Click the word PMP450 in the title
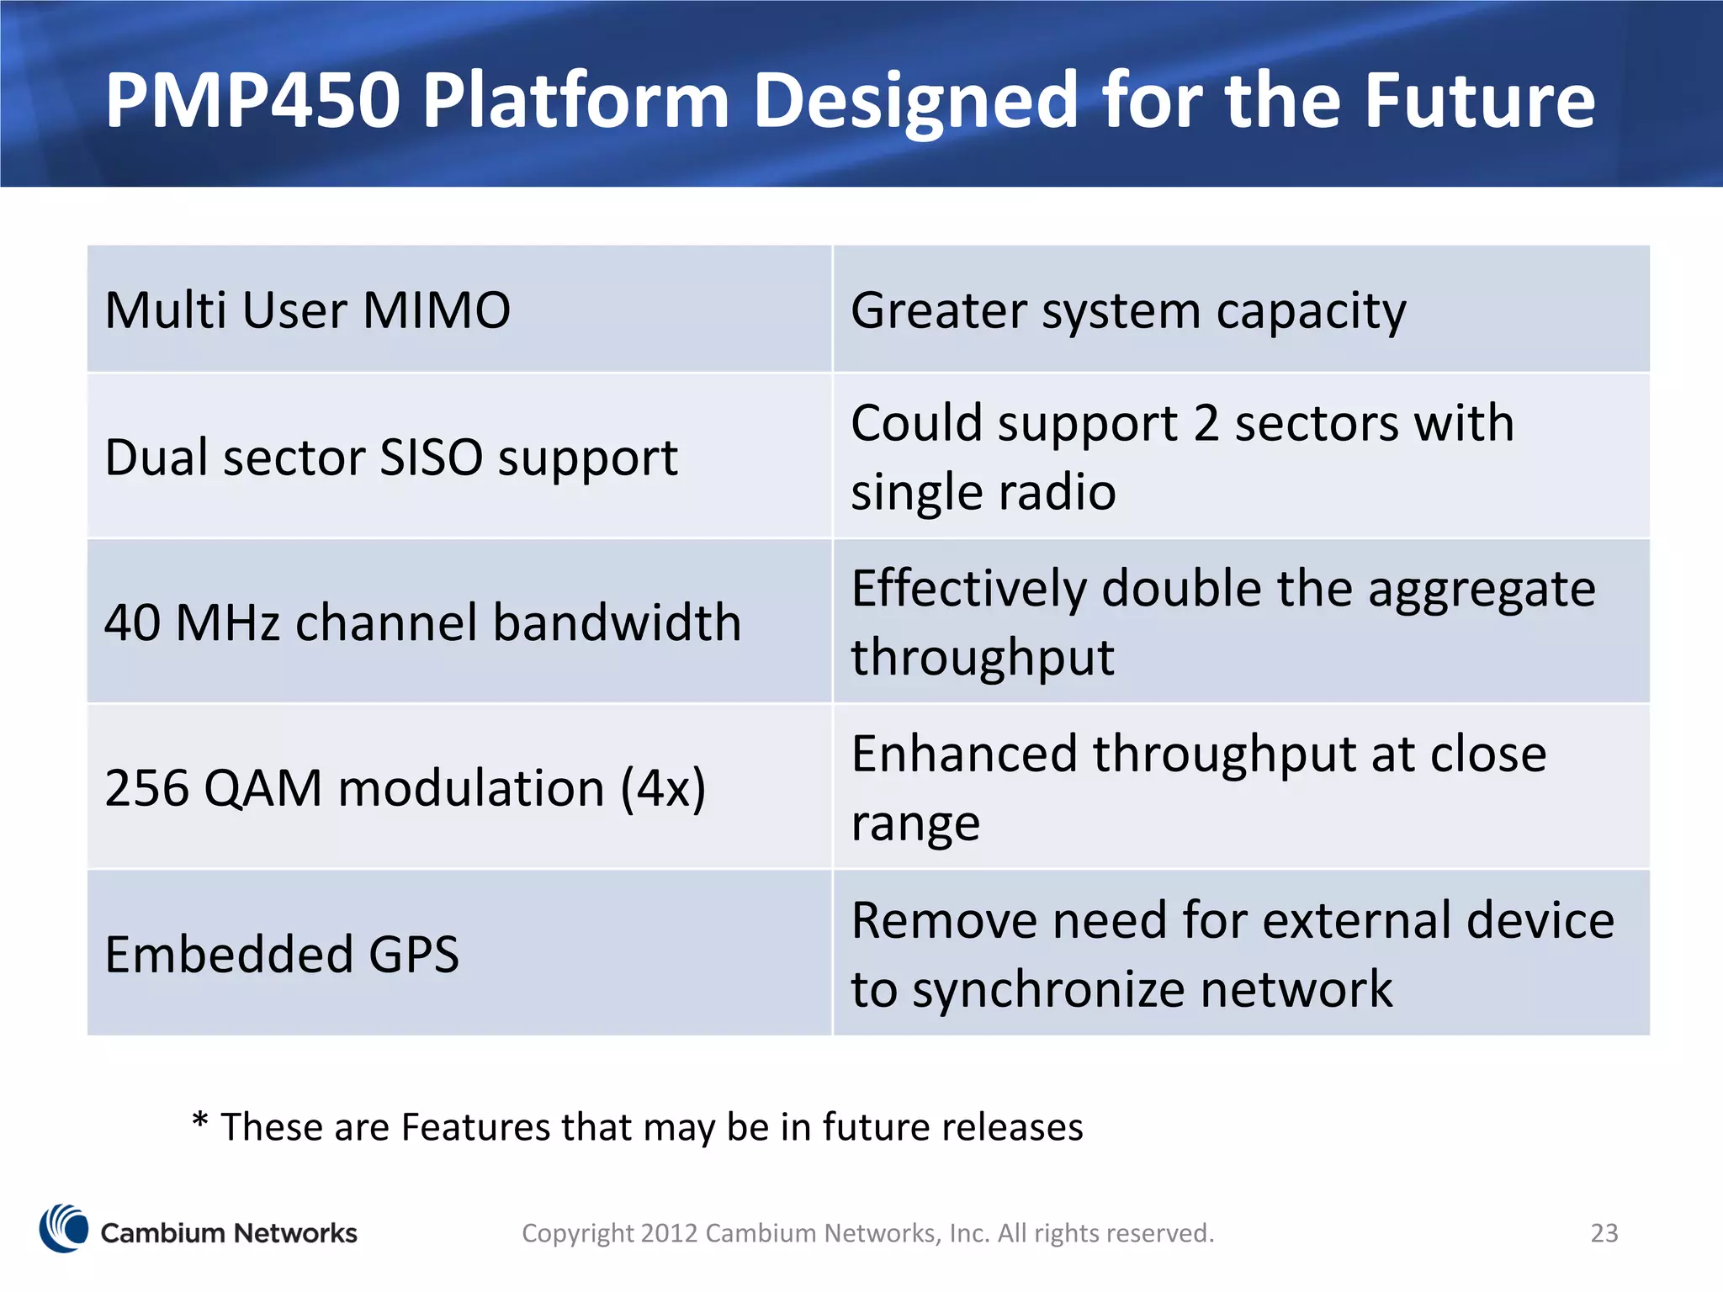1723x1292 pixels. (252, 101)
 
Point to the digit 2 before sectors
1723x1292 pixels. (1206, 423)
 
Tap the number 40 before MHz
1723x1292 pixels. (133, 623)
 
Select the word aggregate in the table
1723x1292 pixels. (1481, 590)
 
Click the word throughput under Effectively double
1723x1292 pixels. (982, 658)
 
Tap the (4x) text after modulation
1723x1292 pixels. (663, 789)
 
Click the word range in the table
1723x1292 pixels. (915, 823)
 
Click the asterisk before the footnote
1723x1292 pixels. (199, 1120)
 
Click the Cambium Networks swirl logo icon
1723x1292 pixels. (64, 1229)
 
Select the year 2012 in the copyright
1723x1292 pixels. (669, 1233)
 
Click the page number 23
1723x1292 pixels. (1604, 1233)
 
